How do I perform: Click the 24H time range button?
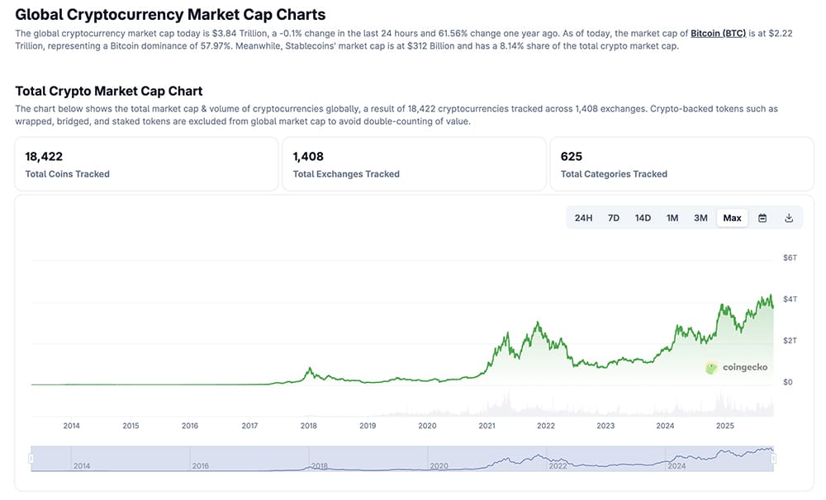[x=583, y=218]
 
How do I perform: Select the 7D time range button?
[x=614, y=218]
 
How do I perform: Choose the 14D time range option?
[x=643, y=218]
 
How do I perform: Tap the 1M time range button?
[x=672, y=218]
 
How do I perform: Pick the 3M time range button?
[x=700, y=218]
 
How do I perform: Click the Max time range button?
[x=732, y=218]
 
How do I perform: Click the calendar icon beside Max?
[x=762, y=218]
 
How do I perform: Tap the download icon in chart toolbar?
[x=789, y=218]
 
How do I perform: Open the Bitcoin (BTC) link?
[x=718, y=33]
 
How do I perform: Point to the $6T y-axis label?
[x=790, y=258]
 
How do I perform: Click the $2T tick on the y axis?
[x=790, y=341]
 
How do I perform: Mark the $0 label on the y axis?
[x=788, y=382]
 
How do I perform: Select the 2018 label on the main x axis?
[x=309, y=426]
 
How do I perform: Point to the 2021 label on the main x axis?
[x=487, y=426]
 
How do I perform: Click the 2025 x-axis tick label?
[x=724, y=426]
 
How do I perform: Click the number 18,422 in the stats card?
[x=44, y=156]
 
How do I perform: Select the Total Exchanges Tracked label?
[x=346, y=174]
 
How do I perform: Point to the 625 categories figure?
[x=571, y=156]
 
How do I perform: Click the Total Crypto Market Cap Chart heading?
[x=109, y=91]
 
